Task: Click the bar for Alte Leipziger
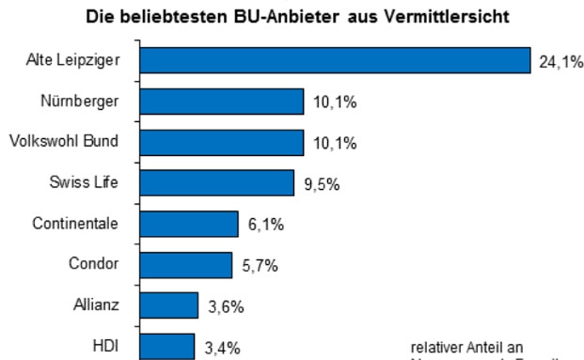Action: pos(335,60)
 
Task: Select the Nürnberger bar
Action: pos(222,102)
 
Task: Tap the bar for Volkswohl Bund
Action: pos(222,142)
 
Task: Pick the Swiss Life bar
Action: pos(217,182)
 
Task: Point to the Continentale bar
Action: pos(189,224)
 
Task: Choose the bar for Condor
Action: pos(186,264)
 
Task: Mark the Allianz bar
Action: pos(169,305)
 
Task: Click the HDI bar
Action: pos(167,346)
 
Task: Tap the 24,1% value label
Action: pos(560,63)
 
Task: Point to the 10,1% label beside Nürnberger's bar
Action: pos(334,102)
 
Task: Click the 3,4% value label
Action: pos(222,348)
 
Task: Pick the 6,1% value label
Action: pos(265,226)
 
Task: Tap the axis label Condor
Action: pos(94,264)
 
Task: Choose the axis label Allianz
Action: pos(96,305)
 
